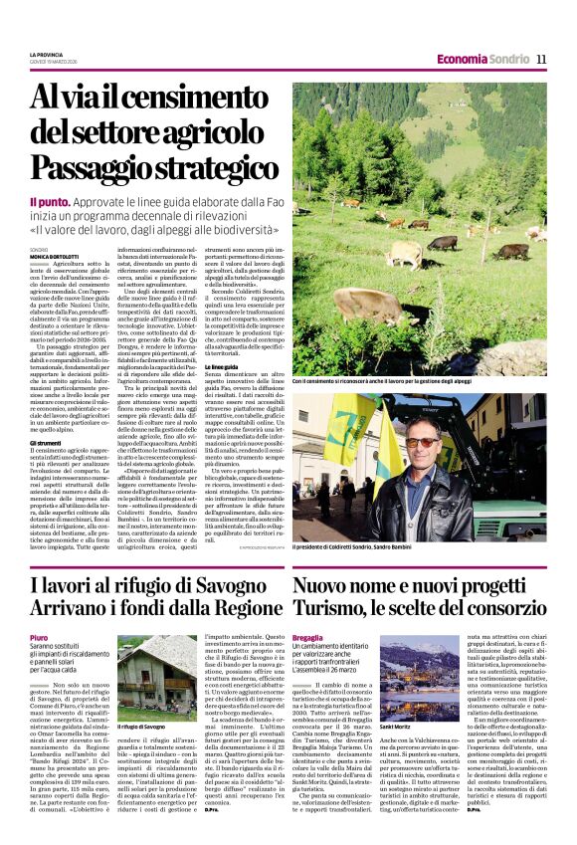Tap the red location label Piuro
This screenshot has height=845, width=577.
[x=40, y=637]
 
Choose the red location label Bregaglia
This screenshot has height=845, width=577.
[x=309, y=637]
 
